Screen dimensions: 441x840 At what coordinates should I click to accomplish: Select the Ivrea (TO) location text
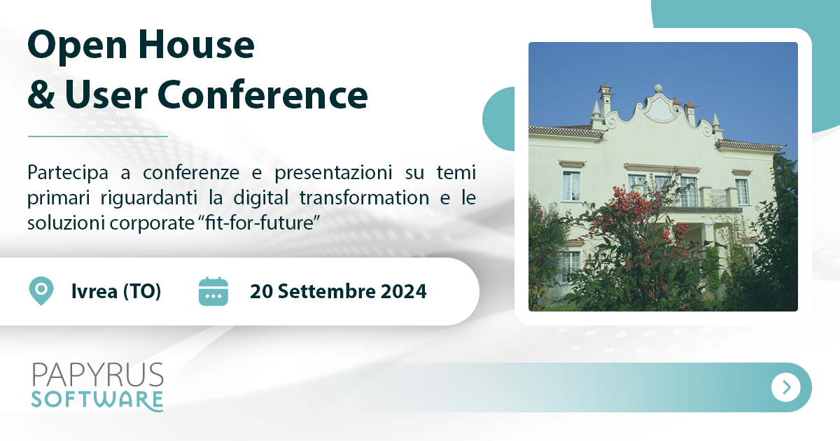tap(115, 291)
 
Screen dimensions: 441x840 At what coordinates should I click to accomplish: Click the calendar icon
tap(213, 291)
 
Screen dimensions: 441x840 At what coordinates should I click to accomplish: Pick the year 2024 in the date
tap(403, 291)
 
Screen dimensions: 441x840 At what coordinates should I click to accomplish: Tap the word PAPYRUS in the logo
tap(98, 375)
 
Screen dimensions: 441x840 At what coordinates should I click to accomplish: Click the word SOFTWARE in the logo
tap(97, 400)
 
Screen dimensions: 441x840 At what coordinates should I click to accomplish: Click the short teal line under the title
tap(98, 136)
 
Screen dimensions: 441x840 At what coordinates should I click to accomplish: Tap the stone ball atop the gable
tap(657, 90)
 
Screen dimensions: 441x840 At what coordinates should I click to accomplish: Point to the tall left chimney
tap(605, 98)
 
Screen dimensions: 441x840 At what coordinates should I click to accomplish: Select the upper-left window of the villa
tap(571, 185)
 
